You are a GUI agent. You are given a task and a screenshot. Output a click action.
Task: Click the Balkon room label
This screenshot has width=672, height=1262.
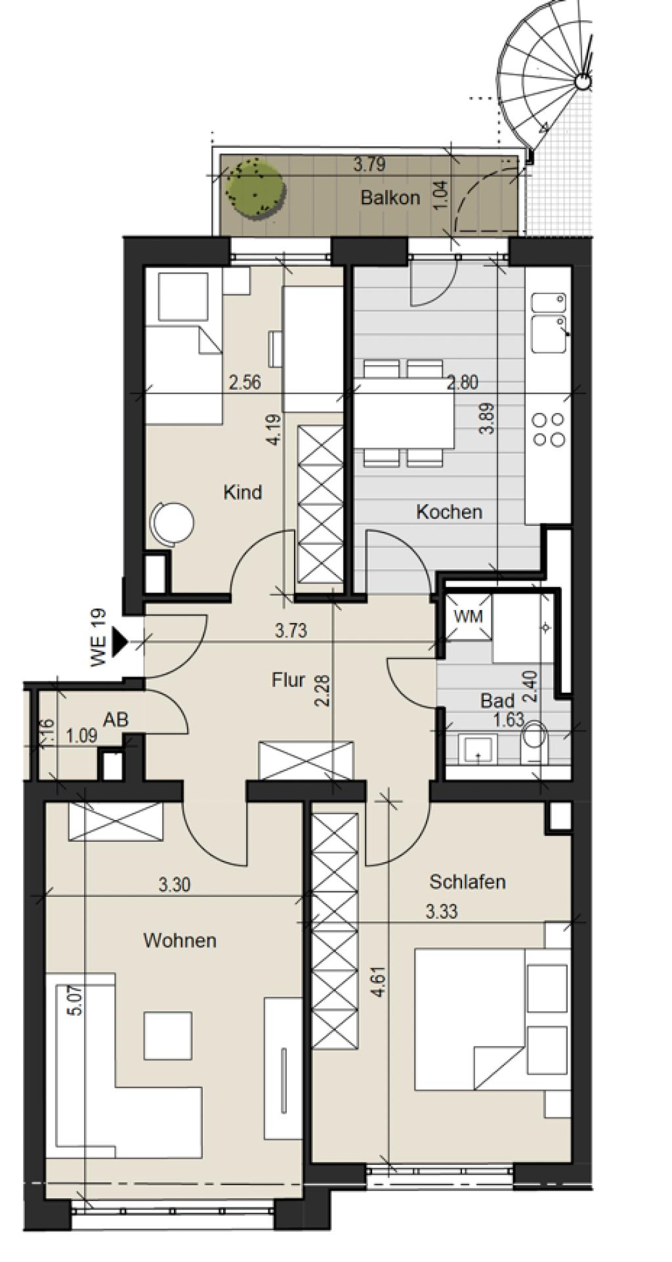(x=390, y=198)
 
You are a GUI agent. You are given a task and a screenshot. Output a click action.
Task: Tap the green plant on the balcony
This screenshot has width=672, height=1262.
(x=256, y=186)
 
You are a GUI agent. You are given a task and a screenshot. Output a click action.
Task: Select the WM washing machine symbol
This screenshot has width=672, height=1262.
(x=468, y=617)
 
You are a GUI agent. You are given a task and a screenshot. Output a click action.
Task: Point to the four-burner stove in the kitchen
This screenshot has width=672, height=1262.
(x=549, y=429)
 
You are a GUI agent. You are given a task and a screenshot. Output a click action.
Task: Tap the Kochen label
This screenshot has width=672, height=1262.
(x=450, y=511)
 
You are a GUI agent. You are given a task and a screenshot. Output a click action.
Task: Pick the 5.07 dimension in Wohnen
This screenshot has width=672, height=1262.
(x=75, y=1003)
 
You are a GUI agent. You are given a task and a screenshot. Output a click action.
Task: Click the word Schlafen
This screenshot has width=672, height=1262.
(x=467, y=881)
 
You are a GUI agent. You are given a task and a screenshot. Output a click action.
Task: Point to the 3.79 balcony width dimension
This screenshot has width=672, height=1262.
(x=369, y=163)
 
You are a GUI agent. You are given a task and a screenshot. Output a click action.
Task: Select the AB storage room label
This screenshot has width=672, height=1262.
(x=115, y=719)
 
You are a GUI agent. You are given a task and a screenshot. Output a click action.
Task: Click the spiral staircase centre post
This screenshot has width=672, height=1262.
(x=583, y=82)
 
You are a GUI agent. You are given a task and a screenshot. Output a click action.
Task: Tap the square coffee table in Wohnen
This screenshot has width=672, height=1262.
(x=168, y=1035)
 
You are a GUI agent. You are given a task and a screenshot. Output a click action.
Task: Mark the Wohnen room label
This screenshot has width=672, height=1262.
(x=180, y=940)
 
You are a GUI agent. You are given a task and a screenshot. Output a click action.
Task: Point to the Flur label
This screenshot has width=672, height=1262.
(x=288, y=679)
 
